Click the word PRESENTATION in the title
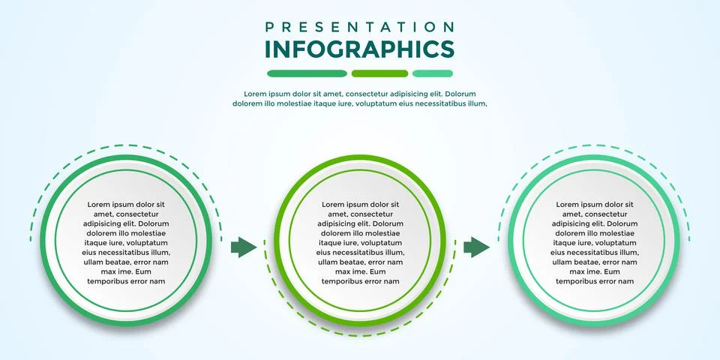coord(359,27)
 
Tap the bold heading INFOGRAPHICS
coord(359,49)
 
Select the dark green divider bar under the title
coord(307,73)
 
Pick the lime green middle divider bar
coord(379,73)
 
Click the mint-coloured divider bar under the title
coord(433,73)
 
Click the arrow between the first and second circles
coord(243,247)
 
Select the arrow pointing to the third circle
coord(476,247)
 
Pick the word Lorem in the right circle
coord(568,204)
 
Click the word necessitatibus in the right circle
coord(586,253)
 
